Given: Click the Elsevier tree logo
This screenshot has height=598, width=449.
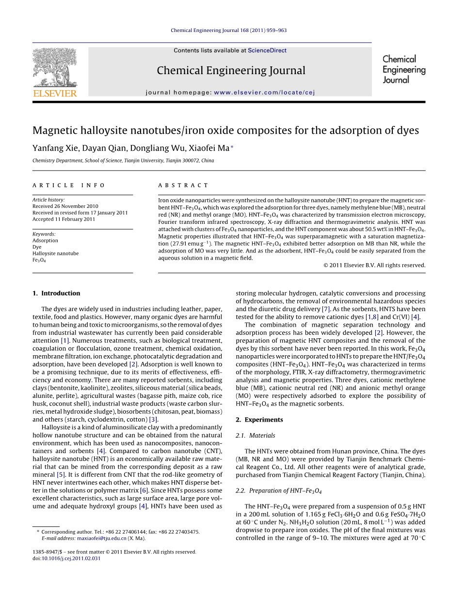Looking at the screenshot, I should coord(54,68).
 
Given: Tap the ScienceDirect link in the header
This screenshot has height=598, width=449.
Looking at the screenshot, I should coord(267,50).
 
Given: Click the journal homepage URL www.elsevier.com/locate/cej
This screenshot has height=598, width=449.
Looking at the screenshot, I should coord(264,93).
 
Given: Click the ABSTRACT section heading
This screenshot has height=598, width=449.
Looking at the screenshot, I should coord(183,185).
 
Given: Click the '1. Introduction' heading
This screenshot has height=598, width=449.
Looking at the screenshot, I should coord(56,293).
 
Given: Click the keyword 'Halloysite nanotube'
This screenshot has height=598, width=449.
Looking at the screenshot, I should coord(55,253).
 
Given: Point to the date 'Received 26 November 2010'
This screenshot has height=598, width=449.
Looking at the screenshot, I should coord(65,206).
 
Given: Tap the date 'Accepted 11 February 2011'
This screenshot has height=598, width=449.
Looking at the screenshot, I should coord(64,219).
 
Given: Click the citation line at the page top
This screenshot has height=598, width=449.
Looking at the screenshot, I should coord(228,30).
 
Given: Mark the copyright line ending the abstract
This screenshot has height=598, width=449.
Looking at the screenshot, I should coord(374,265).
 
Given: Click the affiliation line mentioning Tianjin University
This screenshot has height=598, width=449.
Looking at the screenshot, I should coord(123,160).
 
